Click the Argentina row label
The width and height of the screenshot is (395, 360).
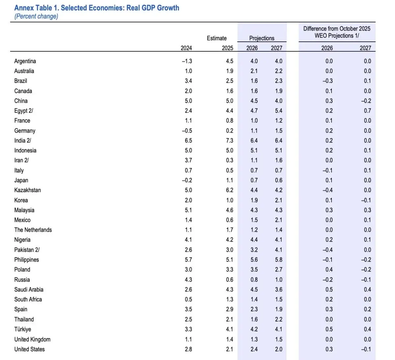click(x=25, y=61)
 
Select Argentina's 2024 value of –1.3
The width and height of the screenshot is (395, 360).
click(x=187, y=61)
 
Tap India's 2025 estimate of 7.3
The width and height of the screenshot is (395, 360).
click(x=229, y=141)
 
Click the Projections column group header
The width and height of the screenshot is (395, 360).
click(x=262, y=38)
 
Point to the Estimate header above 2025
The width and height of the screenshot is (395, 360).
click(x=217, y=38)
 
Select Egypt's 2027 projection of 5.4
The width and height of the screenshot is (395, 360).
click(x=278, y=111)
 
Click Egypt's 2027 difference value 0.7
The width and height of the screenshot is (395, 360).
click(x=367, y=111)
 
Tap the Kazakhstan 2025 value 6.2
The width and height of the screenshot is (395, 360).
click(x=229, y=190)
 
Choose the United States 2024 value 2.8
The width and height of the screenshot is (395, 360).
click(x=188, y=349)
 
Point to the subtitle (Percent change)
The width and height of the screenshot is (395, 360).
click(x=36, y=16)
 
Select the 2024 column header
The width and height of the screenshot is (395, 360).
click(x=186, y=48)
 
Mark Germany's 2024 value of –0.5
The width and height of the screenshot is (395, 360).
click(x=187, y=131)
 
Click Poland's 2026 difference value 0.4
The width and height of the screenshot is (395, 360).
click(x=329, y=270)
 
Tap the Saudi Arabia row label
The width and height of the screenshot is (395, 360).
click(x=29, y=290)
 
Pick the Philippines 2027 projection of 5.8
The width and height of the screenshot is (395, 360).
click(x=278, y=260)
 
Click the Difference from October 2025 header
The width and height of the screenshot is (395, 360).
click(x=337, y=29)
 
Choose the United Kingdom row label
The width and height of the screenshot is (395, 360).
click(x=32, y=339)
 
